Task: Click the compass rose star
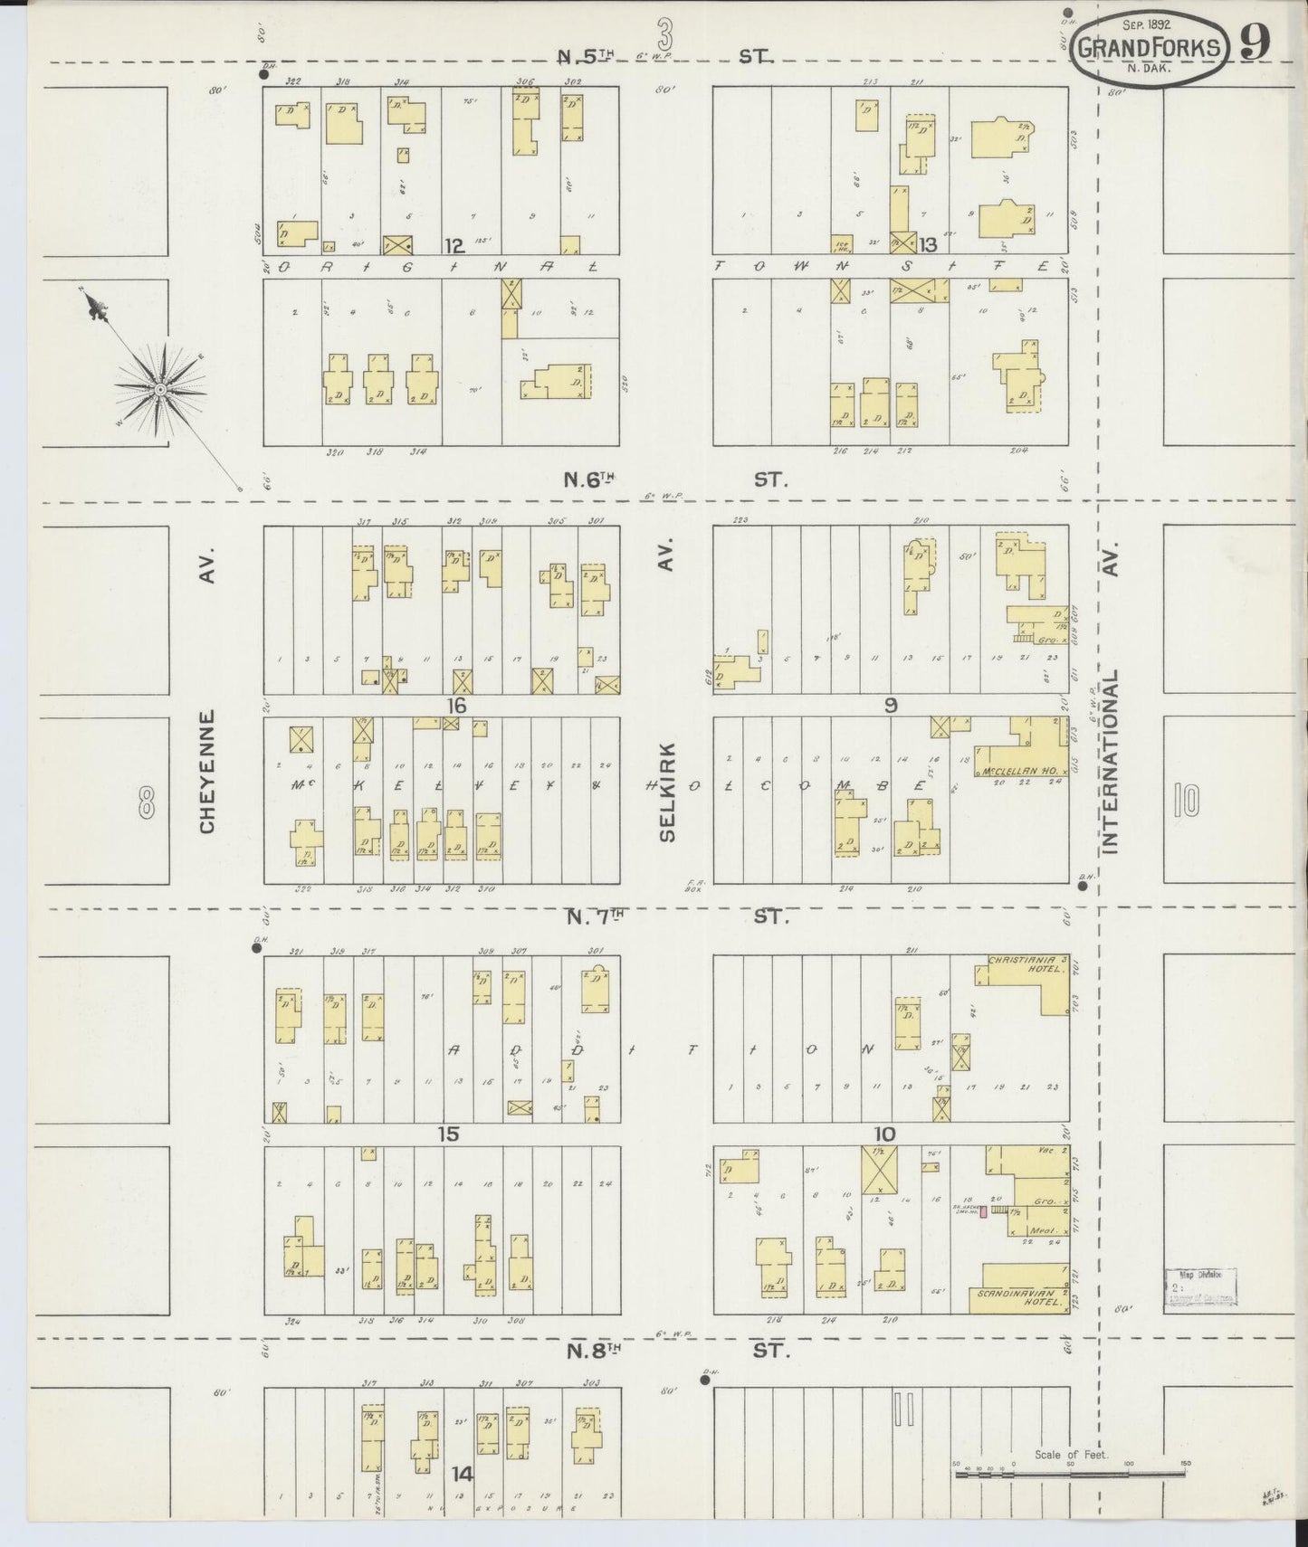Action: click(159, 389)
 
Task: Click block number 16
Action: click(454, 706)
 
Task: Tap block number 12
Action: click(454, 245)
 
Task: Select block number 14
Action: click(462, 1475)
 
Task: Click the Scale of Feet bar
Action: click(1069, 1475)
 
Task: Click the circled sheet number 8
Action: click(145, 801)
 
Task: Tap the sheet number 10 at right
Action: click(1187, 800)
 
